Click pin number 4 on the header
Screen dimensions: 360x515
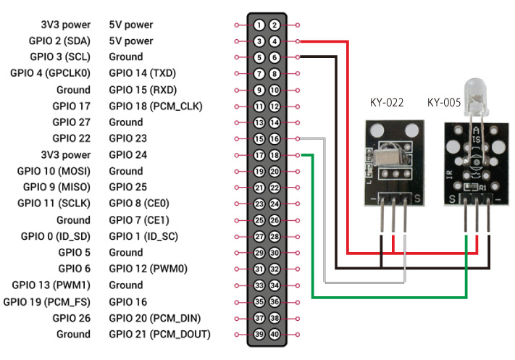[x=275, y=41]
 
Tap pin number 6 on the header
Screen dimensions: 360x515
[x=275, y=57]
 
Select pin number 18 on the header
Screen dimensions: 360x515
[x=275, y=155]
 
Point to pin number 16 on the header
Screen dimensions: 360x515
[x=275, y=138]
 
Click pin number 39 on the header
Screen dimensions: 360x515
[x=259, y=334]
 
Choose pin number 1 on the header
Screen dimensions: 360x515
[x=259, y=25]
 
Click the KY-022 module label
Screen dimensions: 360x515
[x=385, y=103]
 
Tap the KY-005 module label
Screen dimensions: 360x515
[x=444, y=103]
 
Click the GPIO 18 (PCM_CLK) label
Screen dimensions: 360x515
[x=155, y=106]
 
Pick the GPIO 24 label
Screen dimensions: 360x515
[x=128, y=155]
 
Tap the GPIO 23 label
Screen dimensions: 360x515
[x=128, y=138]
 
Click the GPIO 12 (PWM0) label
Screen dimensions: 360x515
[x=148, y=269]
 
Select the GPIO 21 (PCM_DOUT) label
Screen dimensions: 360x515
[x=159, y=334]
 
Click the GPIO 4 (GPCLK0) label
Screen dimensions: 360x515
[x=50, y=73]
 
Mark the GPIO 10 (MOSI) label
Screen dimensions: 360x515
[x=54, y=171]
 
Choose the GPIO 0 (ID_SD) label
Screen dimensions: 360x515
[x=55, y=236]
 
